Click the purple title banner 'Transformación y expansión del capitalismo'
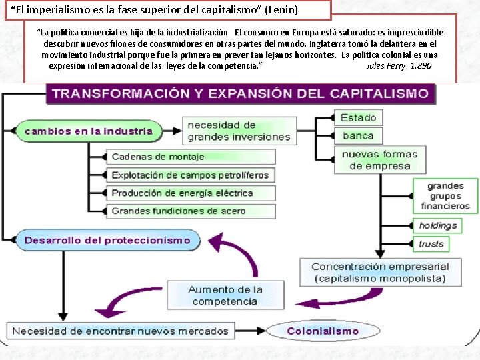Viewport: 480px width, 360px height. tap(240, 93)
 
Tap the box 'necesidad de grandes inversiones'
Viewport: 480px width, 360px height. tap(239, 131)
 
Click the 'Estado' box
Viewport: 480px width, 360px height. tap(358, 118)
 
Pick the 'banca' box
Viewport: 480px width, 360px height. tap(358, 136)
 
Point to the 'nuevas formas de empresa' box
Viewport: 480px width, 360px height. tap(379, 160)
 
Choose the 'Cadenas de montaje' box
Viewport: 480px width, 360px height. tap(191, 157)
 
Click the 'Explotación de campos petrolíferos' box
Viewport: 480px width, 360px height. tap(191, 175)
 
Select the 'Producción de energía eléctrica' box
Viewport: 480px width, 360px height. tap(191, 193)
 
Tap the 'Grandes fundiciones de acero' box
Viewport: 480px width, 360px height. tap(191, 211)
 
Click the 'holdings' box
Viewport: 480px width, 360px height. tap(438, 226)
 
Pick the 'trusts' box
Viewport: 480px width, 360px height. tap(431, 244)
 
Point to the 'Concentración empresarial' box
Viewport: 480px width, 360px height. tap(380, 272)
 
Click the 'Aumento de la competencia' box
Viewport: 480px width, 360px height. tap(225, 295)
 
